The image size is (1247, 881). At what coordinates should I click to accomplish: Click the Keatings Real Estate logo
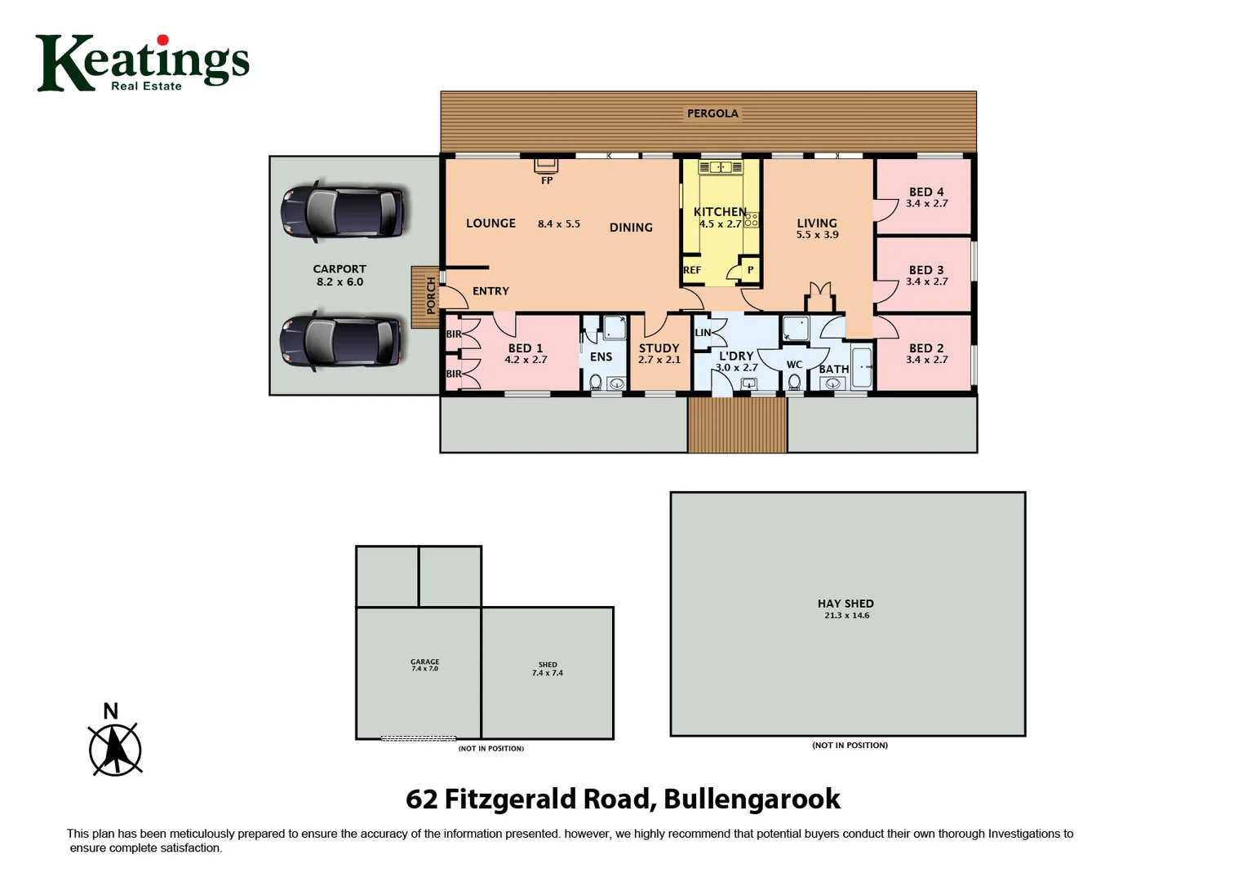[142, 63]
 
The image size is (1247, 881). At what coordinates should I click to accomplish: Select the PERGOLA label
[712, 113]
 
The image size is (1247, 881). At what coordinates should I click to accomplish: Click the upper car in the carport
[343, 212]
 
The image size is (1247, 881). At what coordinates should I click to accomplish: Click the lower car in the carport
[341, 340]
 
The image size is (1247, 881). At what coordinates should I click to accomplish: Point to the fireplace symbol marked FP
[546, 166]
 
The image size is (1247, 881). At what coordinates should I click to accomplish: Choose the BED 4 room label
[926, 192]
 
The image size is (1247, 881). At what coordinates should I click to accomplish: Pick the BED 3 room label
[926, 270]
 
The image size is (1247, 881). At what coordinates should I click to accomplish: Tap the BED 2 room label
[926, 348]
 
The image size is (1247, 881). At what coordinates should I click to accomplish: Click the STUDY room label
[659, 348]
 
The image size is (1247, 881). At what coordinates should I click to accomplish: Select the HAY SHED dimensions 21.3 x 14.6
[846, 616]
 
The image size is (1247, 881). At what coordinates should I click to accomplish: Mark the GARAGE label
[424, 662]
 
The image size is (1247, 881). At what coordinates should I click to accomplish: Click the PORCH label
[432, 295]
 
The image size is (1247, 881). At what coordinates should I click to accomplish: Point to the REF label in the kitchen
[692, 270]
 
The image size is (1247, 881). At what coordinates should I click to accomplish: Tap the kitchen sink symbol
[721, 167]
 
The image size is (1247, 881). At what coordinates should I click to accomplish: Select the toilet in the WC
[794, 381]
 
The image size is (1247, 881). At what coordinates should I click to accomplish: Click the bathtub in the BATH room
[862, 368]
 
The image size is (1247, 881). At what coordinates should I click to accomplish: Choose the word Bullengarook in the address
[752, 799]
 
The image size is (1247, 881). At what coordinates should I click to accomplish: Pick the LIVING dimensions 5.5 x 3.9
[817, 235]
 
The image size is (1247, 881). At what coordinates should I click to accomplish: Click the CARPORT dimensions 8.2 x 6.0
[339, 282]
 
